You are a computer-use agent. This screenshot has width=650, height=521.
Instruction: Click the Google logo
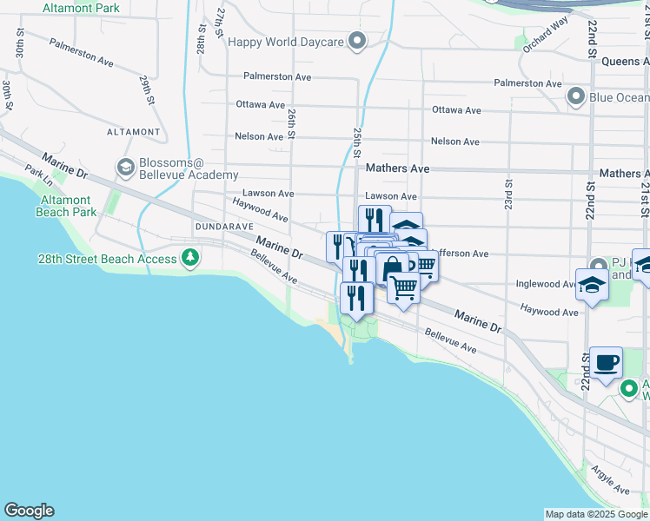tap(29, 511)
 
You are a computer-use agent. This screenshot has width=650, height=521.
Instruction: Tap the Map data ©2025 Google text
tap(596, 514)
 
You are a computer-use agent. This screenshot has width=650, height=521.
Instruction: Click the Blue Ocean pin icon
tap(575, 96)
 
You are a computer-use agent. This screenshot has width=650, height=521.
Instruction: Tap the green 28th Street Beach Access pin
tap(190, 258)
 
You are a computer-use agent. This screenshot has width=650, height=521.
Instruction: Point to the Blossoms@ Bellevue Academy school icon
tap(125, 166)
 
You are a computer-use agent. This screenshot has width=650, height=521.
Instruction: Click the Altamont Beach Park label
tap(67, 205)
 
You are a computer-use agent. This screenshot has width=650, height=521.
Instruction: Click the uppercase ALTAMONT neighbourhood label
tap(133, 132)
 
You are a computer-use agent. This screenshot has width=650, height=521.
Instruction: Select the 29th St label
tap(145, 89)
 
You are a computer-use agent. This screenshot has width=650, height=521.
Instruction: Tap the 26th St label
tap(292, 123)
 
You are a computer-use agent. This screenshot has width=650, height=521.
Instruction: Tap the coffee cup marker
tap(606, 362)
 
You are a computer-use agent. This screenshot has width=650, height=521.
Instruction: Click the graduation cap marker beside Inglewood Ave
tap(591, 286)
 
